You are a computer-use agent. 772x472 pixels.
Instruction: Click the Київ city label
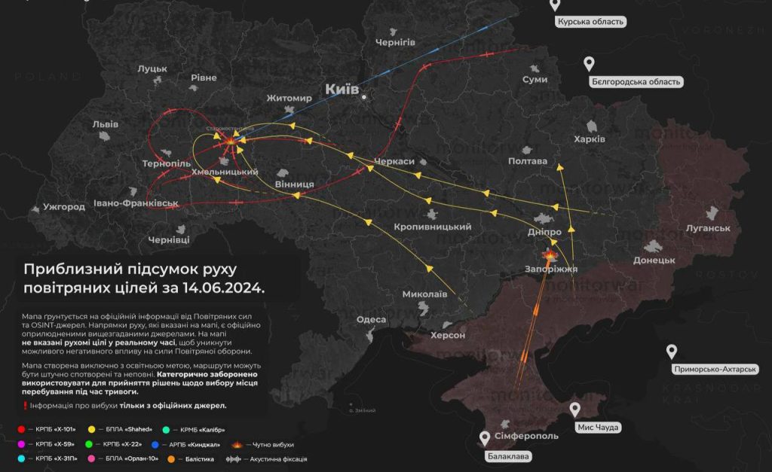tap(341, 90)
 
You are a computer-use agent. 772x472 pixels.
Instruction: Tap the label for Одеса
tap(371, 319)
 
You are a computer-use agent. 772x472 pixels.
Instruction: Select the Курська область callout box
tap(590, 22)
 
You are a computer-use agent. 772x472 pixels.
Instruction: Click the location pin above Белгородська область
tap(590, 64)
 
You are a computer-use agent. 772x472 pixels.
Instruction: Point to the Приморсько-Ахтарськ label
tap(715, 369)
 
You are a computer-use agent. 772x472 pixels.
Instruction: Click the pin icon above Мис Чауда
tap(575, 410)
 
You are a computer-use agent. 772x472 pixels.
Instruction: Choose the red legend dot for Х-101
tap(22, 429)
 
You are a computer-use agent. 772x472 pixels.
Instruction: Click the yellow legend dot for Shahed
tap(92, 429)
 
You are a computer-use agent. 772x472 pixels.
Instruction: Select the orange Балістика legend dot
tap(171, 458)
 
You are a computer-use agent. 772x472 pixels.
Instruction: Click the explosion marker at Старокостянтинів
tap(230, 141)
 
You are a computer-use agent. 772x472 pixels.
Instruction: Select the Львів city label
tap(105, 123)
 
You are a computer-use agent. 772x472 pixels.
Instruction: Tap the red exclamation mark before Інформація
tap(25, 406)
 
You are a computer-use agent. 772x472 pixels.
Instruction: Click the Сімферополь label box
tap(527, 437)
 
